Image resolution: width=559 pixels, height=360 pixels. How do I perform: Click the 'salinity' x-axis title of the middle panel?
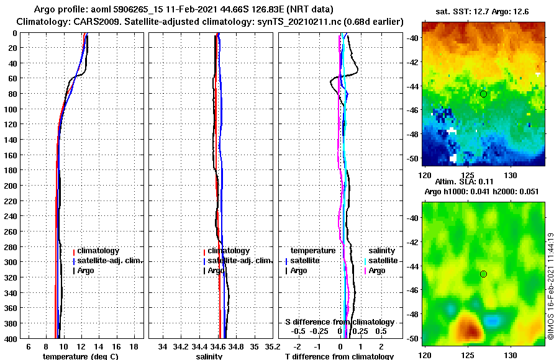pos(211,356)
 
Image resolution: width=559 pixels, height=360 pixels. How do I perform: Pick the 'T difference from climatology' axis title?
pos(339,356)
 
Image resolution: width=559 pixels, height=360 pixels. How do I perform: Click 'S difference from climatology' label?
pos(339,322)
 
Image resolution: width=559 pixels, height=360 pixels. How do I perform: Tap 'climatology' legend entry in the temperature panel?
pos(99,251)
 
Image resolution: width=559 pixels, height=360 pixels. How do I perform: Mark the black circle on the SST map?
pos(483,94)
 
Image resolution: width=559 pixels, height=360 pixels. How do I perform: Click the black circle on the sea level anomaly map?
pos(483,274)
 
